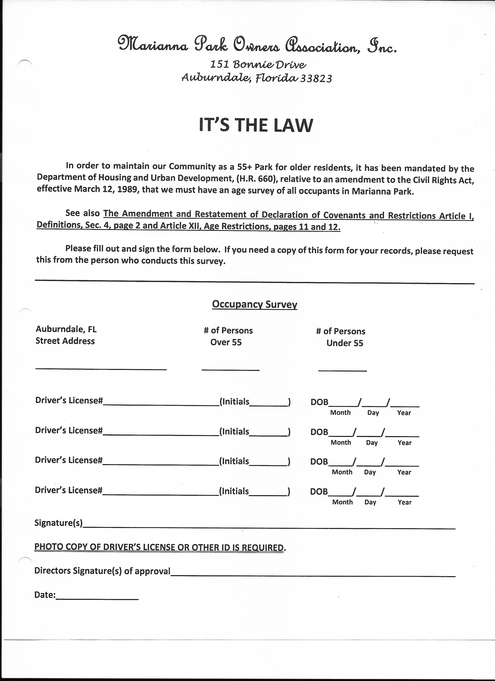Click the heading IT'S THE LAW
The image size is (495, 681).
click(x=256, y=125)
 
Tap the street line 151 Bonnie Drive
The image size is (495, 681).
click(x=258, y=64)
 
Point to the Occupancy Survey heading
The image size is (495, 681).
click(x=254, y=304)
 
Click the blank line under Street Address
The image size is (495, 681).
click(x=101, y=368)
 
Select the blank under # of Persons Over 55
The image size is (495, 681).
click(x=231, y=369)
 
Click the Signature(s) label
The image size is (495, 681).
click(x=59, y=523)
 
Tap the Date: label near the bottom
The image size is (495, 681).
click(x=45, y=595)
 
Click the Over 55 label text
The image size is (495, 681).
click(x=226, y=342)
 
